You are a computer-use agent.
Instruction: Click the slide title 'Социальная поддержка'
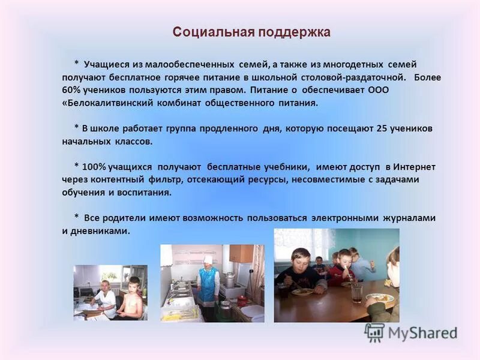pyautogui.click(x=251, y=32)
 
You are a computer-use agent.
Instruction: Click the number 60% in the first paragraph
pyautogui.click(x=71, y=90)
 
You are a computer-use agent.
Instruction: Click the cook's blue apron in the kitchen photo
pyautogui.click(x=208, y=284)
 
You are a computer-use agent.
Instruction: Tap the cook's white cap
pyautogui.click(x=208, y=259)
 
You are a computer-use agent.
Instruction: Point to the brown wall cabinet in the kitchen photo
pyautogui.click(x=241, y=253)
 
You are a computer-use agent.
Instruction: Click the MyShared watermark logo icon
pyautogui.click(x=374, y=332)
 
